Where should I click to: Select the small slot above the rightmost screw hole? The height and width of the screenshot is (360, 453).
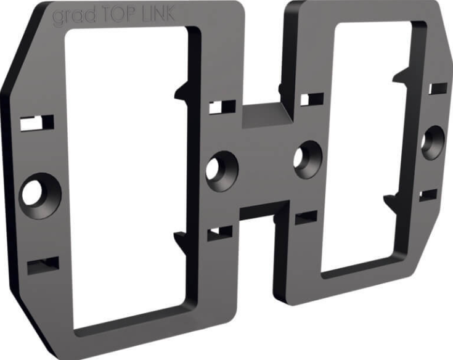click(438, 89)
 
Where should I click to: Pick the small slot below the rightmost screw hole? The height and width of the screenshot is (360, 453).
click(428, 195)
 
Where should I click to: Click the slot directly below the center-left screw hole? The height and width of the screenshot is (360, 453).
click(219, 233)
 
